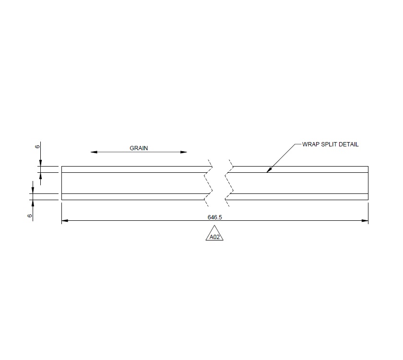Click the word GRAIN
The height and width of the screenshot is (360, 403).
139,148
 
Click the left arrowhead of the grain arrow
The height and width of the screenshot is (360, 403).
94,152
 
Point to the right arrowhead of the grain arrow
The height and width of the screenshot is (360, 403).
184,152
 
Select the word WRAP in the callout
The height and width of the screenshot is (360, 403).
310,144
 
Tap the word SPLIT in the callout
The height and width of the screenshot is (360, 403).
329,144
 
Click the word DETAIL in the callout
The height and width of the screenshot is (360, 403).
349,144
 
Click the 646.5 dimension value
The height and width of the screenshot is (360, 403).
214,217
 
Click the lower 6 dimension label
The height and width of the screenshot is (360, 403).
30,216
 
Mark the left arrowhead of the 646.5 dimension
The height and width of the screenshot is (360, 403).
65,221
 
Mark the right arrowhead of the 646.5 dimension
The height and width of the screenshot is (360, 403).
365,221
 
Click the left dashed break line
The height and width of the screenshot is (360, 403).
208,183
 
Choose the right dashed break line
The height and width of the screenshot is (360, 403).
229,183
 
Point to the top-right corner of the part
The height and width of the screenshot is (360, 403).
368,167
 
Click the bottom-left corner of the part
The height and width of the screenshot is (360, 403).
62,200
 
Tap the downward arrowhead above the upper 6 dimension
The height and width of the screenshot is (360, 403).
40,163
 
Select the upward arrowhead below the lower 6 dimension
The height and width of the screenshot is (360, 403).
32,203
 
